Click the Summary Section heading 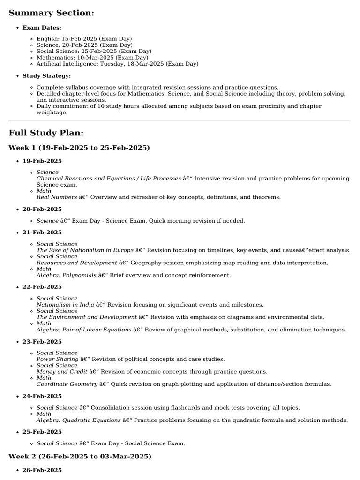[x=52, y=13]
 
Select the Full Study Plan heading [x=46, y=133]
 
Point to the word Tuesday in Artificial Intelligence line [x=112, y=64]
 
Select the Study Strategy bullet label [x=47, y=76]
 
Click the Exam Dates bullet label [x=42, y=28]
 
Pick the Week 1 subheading [x=79, y=148]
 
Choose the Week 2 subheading [x=80, y=456]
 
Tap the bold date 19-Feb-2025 [x=42, y=161]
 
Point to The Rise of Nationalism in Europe [x=85, y=250]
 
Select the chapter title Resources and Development [x=77, y=263]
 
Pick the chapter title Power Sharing [x=57, y=360]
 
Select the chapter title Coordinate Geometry [x=67, y=384]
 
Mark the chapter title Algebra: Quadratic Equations [x=78, y=420]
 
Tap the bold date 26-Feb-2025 [x=42, y=470]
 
